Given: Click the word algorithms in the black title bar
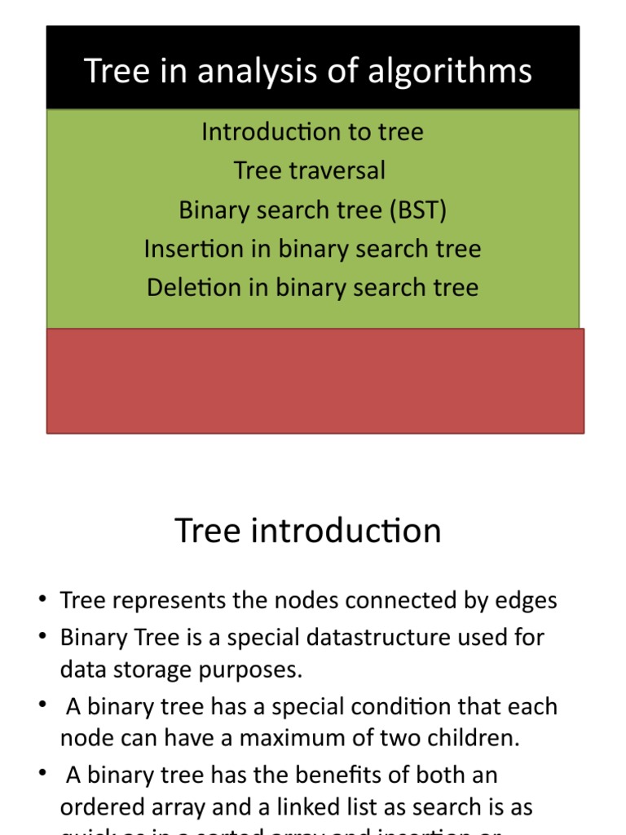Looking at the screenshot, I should pyautogui.click(x=450, y=72).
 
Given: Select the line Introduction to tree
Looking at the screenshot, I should pyautogui.click(x=312, y=132).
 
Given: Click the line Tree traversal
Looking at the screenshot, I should pyautogui.click(x=310, y=171).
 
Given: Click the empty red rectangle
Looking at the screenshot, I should pyautogui.click(x=315, y=381).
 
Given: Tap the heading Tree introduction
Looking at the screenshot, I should pyautogui.click(x=308, y=532).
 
